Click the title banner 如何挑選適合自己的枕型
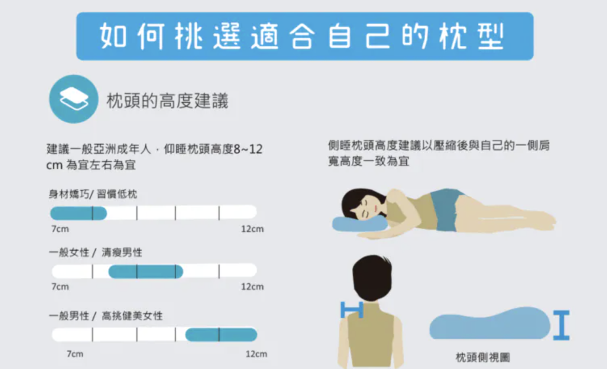coord(305,36)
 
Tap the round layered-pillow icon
coord(73,99)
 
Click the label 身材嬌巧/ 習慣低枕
coord(93,194)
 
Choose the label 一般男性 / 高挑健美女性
coord(106,316)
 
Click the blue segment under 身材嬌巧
coord(78,213)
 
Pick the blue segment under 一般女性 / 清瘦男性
coord(146,271)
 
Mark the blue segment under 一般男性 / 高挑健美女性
coord(221,335)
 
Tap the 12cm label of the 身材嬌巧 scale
coord(252,229)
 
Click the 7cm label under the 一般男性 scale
coord(74,354)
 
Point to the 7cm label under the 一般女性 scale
coord(60,287)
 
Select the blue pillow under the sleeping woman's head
coord(358,223)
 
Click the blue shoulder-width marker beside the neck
coord(352,309)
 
